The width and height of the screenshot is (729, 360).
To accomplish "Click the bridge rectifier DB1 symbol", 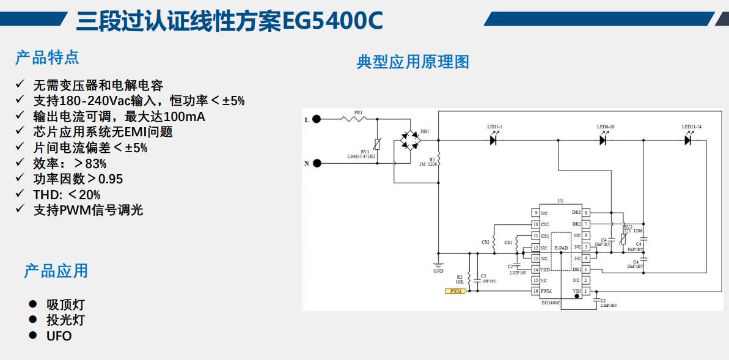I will (x=408, y=140).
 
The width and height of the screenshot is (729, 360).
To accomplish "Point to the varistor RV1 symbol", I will (x=376, y=145).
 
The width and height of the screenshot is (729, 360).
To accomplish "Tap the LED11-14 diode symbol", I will (x=688, y=140).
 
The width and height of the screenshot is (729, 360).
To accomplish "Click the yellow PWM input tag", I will (x=455, y=292).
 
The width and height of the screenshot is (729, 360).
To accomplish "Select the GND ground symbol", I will (x=438, y=265).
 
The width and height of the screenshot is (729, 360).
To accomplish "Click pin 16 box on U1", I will (x=536, y=292).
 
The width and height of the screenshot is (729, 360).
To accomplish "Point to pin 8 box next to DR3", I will (x=586, y=213).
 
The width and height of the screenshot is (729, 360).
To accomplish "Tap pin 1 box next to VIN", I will (x=586, y=292).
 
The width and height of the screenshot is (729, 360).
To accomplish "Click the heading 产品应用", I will (x=56, y=271).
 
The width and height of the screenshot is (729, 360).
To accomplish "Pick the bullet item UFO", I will (x=59, y=336).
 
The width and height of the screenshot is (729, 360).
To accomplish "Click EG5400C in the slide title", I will (x=332, y=22).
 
